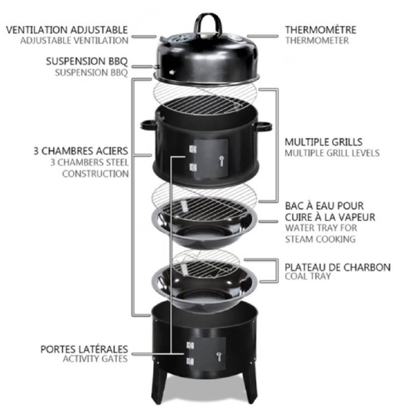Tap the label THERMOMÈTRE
(320, 30)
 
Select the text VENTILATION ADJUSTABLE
(67, 30)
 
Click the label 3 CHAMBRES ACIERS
(81, 151)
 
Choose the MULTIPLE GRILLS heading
(324, 142)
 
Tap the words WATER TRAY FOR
(321, 228)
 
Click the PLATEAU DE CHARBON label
(337, 267)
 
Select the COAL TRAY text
(308, 277)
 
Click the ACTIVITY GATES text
(95, 359)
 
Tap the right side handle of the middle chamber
(264, 126)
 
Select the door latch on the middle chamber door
(221, 159)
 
